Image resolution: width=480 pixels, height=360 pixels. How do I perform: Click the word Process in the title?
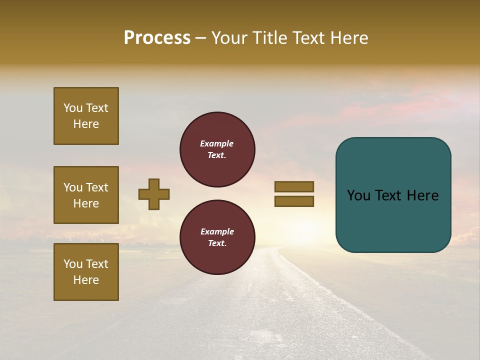tap(157, 38)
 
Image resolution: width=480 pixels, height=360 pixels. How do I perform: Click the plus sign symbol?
tap(154, 194)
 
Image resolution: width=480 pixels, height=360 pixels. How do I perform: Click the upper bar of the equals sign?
tap(294, 187)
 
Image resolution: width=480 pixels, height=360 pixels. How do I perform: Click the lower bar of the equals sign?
tap(294, 201)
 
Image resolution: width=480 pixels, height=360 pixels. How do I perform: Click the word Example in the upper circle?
tap(216, 143)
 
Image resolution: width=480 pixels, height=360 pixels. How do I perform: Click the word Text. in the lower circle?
tap(217, 243)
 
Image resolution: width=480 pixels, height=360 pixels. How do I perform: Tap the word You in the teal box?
tap(357, 195)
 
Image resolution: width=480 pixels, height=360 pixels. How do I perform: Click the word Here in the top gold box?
tap(86, 124)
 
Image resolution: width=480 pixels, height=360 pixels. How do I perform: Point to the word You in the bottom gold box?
tap(73, 264)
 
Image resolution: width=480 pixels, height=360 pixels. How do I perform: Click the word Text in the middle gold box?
tap(97, 187)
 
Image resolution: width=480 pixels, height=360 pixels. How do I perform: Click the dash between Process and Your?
tap(201, 38)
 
